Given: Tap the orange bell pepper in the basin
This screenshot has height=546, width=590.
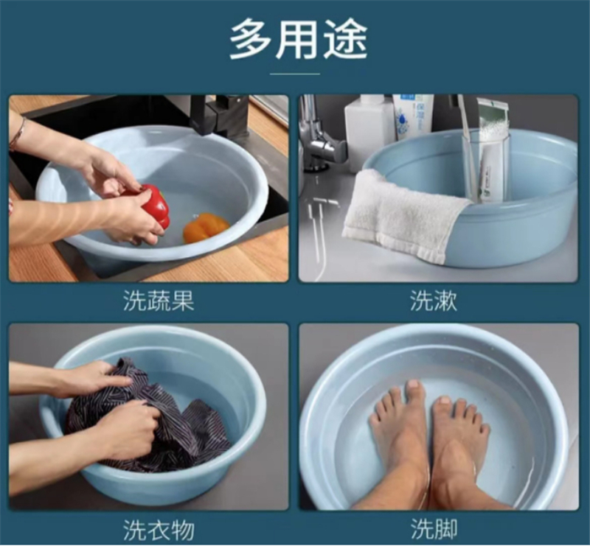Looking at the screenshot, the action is pos(206,228).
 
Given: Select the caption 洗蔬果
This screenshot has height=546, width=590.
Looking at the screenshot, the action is pos(159,301).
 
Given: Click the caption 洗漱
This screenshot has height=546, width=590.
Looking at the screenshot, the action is pos(434,301).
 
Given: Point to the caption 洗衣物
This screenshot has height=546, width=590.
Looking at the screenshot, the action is pos(159,530).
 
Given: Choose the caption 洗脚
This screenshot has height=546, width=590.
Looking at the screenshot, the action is pos(434,530).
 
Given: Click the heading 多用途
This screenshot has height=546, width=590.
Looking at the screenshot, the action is pos(298,39).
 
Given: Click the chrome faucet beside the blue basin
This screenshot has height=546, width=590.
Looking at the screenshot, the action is pos(318,139).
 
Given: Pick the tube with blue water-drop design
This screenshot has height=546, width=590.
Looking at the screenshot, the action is pos(413,116).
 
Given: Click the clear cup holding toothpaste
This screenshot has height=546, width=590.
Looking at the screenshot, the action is pos(486,169).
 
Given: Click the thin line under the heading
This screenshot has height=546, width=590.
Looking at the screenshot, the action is pos(295,74).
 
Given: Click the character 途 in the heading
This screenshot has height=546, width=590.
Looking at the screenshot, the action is pos(345,39).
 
